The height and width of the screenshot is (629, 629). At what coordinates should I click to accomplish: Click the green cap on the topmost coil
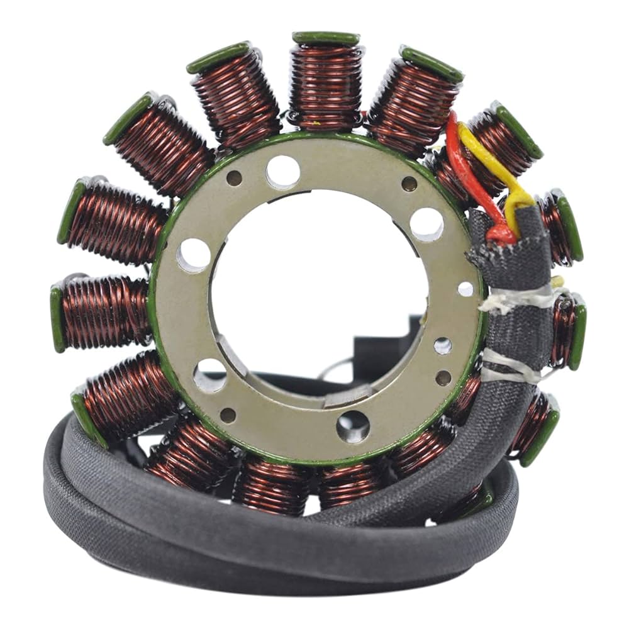[x=326, y=38]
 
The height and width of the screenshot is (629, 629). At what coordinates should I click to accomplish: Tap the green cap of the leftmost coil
[x=57, y=318]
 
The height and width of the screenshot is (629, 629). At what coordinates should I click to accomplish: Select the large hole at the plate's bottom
[x=352, y=426]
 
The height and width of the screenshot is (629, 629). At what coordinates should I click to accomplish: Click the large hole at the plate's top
[x=282, y=171]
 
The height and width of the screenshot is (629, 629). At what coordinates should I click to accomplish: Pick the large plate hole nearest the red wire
[x=426, y=224]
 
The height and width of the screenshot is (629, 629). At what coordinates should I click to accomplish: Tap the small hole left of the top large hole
[x=235, y=178]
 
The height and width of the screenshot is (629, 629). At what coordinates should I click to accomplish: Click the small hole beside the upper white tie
[x=465, y=289]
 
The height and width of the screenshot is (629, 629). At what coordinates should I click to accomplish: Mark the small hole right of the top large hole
[x=409, y=184]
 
